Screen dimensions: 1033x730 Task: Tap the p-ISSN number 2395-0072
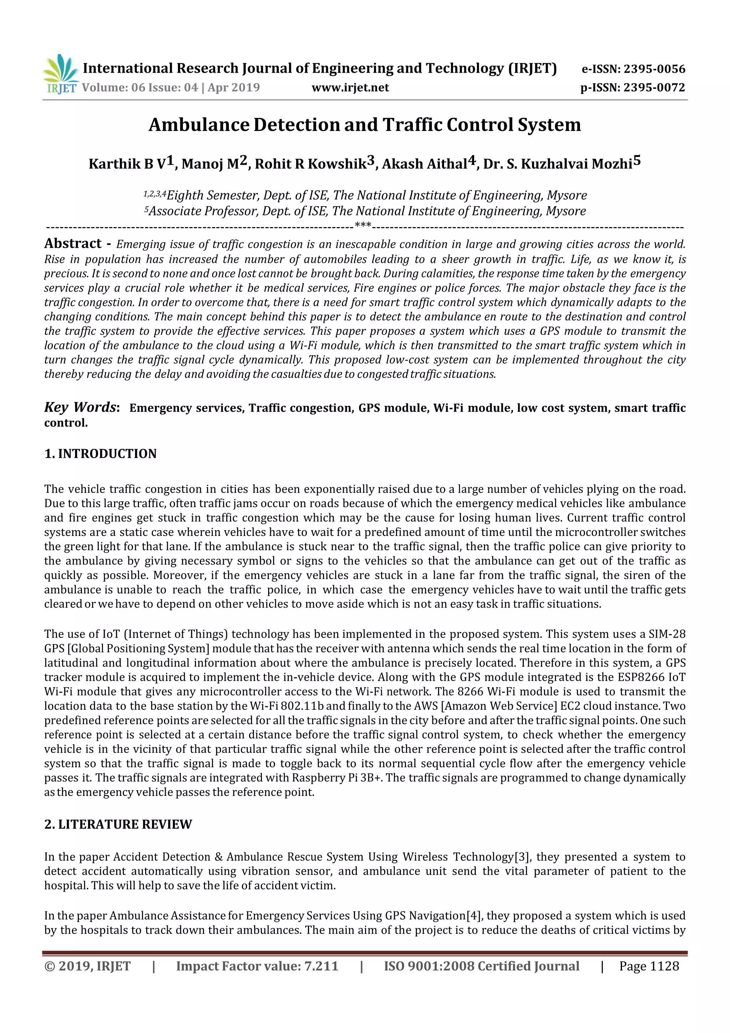(654, 87)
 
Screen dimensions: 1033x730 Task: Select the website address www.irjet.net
(350, 87)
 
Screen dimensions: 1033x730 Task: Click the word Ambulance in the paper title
(199, 125)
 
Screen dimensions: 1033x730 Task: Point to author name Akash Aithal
(424, 164)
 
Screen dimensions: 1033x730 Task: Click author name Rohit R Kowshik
(310, 164)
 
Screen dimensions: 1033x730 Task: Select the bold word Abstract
(73, 244)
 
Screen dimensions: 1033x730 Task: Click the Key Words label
(81, 407)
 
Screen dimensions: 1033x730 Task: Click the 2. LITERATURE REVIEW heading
(118, 824)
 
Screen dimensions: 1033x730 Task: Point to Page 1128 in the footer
(649, 966)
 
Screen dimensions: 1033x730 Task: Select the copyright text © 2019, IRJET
(87, 966)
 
